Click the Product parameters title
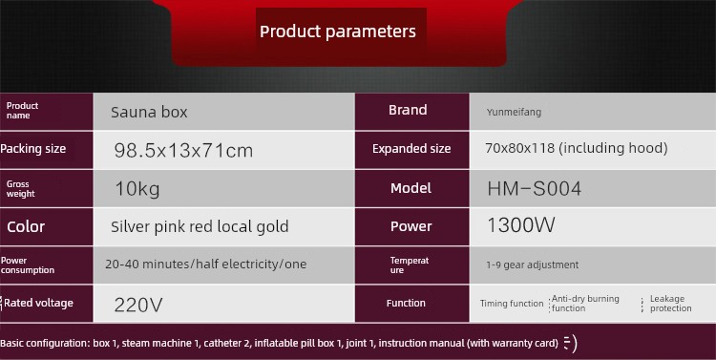coord(338,32)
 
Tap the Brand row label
coord(408,110)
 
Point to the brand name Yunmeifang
coord(514,113)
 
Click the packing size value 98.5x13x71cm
coord(183,150)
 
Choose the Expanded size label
coord(411,149)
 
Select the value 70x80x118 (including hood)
coord(577,148)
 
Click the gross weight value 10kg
coord(137,189)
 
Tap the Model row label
coord(411,188)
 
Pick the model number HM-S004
coord(535,189)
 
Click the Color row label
coord(26,226)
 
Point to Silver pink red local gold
coord(200,226)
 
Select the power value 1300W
coord(521,224)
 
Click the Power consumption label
coord(28,265)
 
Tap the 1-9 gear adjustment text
coord(533,265)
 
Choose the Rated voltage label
coord(38,303)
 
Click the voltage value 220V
coord(137,305)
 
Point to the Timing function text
coord(512,304)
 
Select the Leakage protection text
coord(670,304)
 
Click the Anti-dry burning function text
coord(585,304)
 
